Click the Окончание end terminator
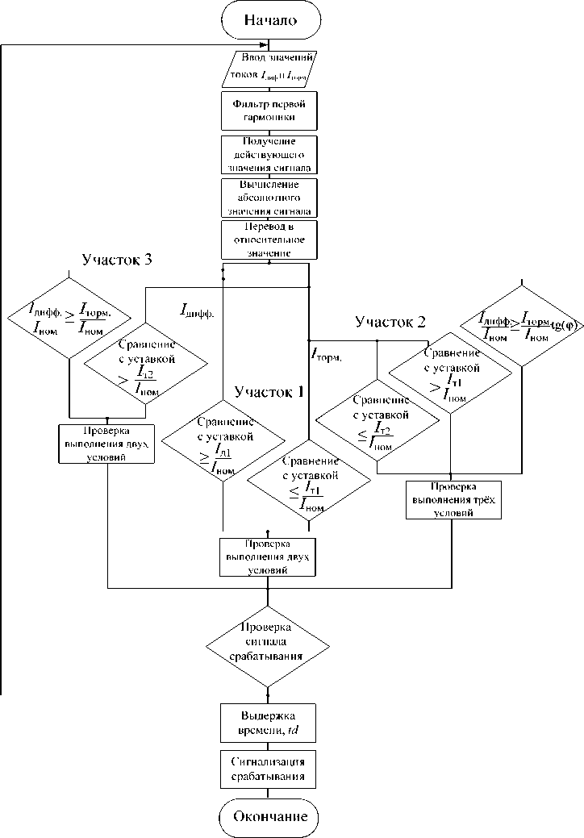[x=268, y=816]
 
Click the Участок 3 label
[x=118, y=260]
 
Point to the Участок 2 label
[x=390, y=323]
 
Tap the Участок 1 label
[x=269, y=392]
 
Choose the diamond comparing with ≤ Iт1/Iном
[x=308, y=482]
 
